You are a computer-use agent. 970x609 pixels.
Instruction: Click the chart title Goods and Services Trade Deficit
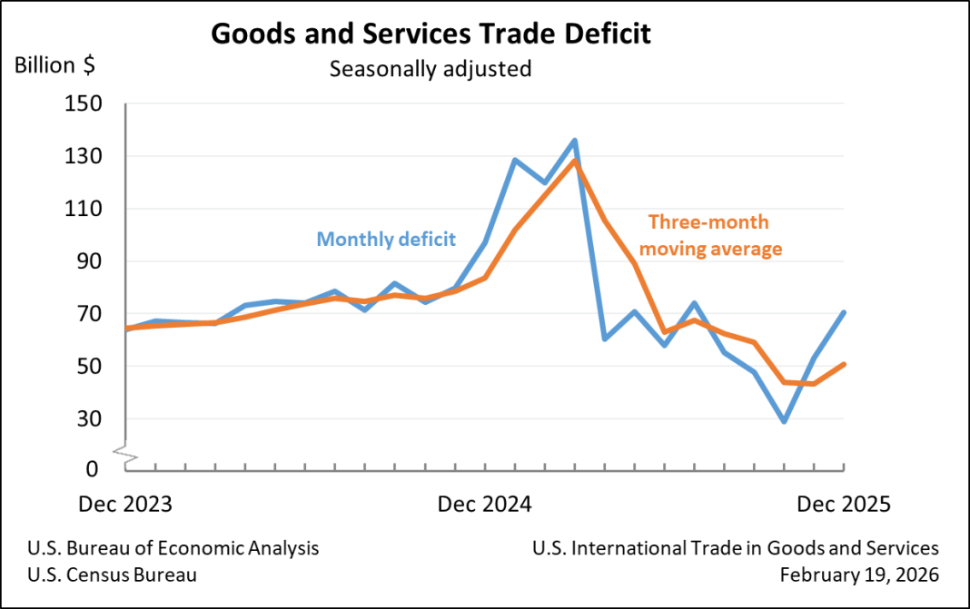pyautogui.click(x=431, y=34)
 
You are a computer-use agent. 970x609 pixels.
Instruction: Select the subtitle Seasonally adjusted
pyautogui.click(x=431, y=69)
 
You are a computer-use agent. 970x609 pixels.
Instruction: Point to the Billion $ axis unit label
pyautogui.click(x=54, y=66)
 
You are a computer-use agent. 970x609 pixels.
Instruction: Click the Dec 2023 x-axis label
pyautogui.click(x=124, y=504)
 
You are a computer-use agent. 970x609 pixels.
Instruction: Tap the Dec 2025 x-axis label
pyautogui.click(x=844, y=504)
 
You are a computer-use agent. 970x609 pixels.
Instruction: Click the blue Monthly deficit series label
pyautogui.click(x=386, y=240)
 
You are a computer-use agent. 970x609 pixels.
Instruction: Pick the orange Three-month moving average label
pyautogui.click(x=714, y=235)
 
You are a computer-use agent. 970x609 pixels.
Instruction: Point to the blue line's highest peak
pyautogui.click(x=575, y=141)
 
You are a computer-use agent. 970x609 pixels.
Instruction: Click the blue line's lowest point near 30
pyautogui.click(x=784, y=422)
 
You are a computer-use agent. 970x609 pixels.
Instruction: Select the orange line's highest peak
pyautogui.click(x=575, y=162)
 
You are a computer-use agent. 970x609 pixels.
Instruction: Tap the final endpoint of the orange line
pyautogui.click(x=844, y=364)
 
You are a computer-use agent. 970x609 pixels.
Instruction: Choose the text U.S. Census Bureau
pyautogui.click(x=112, y=575)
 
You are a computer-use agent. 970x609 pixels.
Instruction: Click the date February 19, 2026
pyautogui.click(x=859, y=575)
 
